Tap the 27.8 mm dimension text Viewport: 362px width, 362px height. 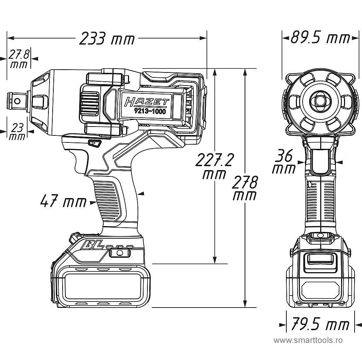pos(18,59)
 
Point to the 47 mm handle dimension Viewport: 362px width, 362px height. pos(63,202)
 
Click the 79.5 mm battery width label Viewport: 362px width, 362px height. pos(320,324)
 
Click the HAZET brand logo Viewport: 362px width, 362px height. pos(146,103)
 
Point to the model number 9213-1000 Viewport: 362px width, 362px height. pos(150,111)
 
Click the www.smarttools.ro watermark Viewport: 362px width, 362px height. pos(308,340)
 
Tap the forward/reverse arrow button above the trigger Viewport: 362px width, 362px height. pos(94,143)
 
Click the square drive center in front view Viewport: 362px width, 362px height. pos(320,100)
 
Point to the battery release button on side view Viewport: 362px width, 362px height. pos(119,252)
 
